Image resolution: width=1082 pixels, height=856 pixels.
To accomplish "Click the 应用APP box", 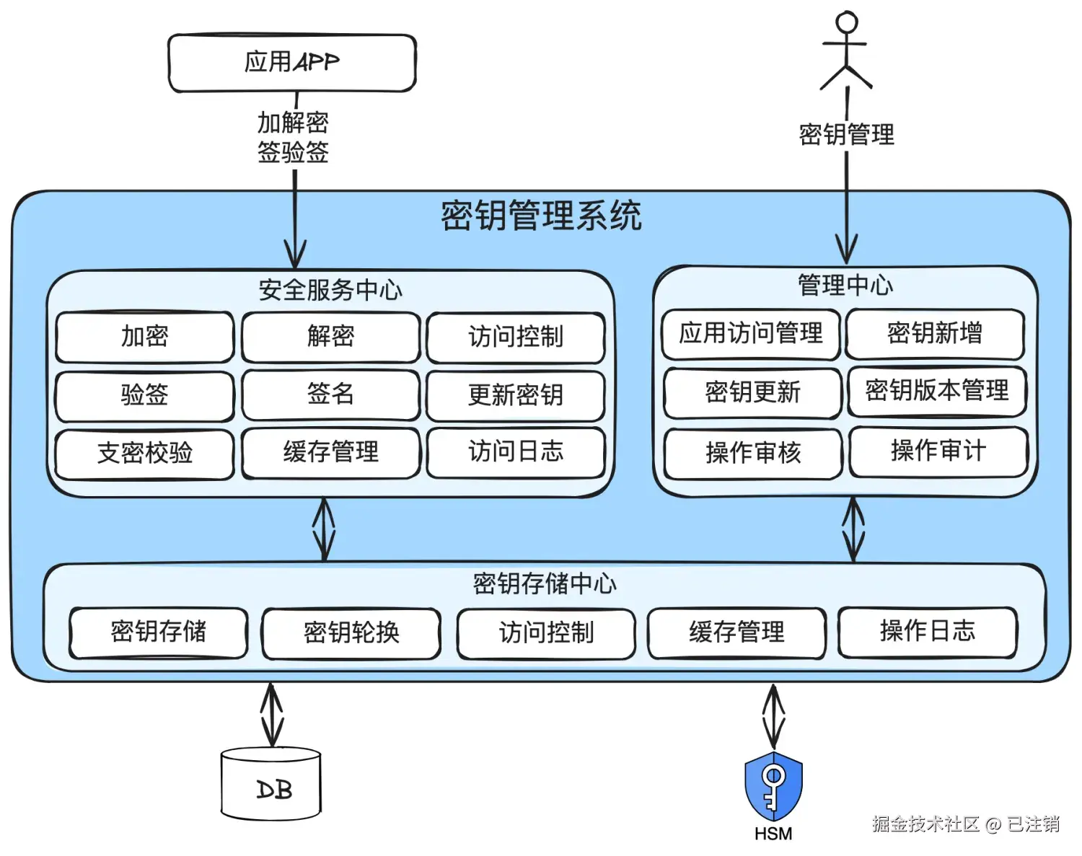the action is pyautogui.click(x=292, y=63).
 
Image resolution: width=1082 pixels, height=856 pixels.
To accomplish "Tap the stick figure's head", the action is pyautogui.click(x=847, y=22).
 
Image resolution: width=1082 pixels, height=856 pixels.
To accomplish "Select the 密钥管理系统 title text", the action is pyautogui.click(x=542, y=216).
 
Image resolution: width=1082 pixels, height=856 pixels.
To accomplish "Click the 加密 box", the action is pyautogui.click(x=145, y=336).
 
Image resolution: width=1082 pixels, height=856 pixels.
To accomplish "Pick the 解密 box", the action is pyautogui.click(x=331, y=336).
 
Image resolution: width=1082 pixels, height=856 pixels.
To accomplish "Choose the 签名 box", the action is pyautogui.click(x=331, y=394).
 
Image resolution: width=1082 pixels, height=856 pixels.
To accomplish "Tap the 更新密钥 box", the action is pyautogui.click(x=516, y=396).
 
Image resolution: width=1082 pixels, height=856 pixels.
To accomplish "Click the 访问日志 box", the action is pyautogui.click(x=516, y=452).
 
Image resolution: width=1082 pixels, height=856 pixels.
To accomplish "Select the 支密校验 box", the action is pyautogui.click(x=145, y=454).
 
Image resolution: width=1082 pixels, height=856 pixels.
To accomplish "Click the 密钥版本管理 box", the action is pyautogui.click(x=937, y=392).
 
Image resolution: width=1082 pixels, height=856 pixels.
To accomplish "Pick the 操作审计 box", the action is pyautogui.click(x=938, y=451).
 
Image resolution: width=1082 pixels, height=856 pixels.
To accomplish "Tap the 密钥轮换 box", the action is pyautogui.click(x=351, y=633).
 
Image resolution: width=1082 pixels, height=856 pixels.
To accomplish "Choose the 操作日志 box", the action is pyautogui.click(x=928, y=632).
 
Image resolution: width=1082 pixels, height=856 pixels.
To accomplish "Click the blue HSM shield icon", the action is pyautogui.click(x=773, y=787).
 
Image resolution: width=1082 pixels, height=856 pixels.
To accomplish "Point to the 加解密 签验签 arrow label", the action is pyautogui.click(x=293, y=137).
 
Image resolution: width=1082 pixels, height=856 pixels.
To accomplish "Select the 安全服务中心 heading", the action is pyautogui.click(x=330, y=290).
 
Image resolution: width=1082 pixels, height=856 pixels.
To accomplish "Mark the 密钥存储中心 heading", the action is pyautogui.click(x=545, y=584).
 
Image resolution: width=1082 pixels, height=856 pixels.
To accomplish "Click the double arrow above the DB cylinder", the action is pyautogui.click(x=271, y=714).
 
